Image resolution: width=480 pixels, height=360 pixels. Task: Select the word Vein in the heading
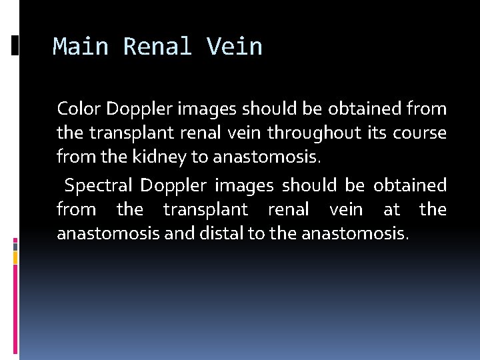(235, 47)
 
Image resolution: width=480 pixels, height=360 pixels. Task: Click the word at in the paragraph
(392, 210)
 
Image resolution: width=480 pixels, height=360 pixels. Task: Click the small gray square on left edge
(15, 245)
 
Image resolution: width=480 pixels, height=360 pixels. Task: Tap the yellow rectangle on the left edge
(15, 255)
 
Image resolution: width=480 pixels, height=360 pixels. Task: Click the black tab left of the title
(15, 45)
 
